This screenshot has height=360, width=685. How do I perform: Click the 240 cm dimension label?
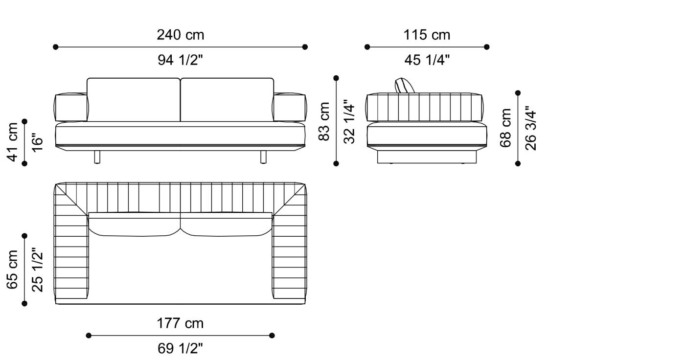pyautogui.click(x=180, y=35)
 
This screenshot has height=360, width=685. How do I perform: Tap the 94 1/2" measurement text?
pyautogui.click(x=180, y=60)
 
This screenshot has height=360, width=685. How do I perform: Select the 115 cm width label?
pyautogui.click(x=427, y=35)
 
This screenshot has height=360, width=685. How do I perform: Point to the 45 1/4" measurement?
pyautogui.click(x=427, y=60)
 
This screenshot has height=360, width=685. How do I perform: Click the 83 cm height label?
pyautogui.click(x=324, y=121)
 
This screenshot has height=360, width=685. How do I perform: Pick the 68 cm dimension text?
pyautogui.click(x=506, y=128)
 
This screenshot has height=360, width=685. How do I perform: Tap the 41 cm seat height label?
pyautogui.click(x=13, y=142)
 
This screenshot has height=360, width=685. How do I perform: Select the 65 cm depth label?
pyautogui.click(x=13, y=270)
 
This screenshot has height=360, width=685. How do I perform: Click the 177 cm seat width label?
pyautogui.click(x=180, y=323)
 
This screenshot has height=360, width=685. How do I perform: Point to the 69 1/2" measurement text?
pyautogui.click(x=180, y=348)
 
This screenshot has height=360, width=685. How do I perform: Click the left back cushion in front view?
pyautogui.click(x=134, y=100)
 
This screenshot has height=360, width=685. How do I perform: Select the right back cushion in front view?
pyautogui.click(x=227, y=100)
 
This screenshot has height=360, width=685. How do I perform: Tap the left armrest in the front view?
pyautogui.click(x=71, y=108)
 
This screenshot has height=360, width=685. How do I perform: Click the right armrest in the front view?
pyautogui.click(x=290, y=108)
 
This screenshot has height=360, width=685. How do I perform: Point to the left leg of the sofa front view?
pyautogui.click(x=97, y=157)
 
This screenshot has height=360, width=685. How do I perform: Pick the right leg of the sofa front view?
pyautogui.click(x=263, y=157)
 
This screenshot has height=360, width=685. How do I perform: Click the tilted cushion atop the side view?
pyautogui.click(x=406, y=85)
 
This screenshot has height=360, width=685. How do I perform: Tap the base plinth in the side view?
pyautogui.click(x=427, y=157)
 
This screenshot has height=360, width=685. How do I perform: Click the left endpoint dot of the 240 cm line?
pyautogui.click(x=56, y=47)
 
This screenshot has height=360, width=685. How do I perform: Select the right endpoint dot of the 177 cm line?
pyautogui.click(x=272, y=336)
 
